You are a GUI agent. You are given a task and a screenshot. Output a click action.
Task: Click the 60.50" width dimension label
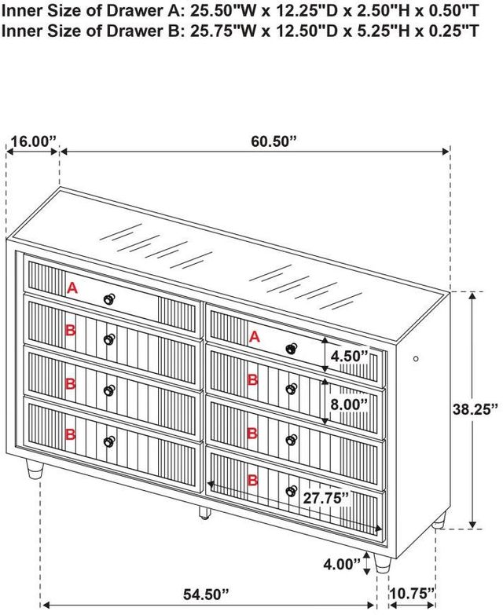click(x=273, y=141)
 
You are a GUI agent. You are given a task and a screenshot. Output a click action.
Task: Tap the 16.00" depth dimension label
click(x=33, y=141)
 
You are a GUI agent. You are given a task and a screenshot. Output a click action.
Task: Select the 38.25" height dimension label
click(x=475, y=409)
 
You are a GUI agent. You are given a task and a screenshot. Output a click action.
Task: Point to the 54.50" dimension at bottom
click(x=206, y=595)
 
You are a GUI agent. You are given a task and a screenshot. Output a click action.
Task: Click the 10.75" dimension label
click(x=412, y=594)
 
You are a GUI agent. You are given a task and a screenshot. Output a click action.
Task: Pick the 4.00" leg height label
click(x=341, y=564)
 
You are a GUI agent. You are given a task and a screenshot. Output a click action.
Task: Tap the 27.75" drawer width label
click(x=325, y=498)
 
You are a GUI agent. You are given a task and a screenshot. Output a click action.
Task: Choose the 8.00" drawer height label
click(x=349, y=405)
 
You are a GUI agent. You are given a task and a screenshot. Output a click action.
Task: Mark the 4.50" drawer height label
click(x=350, y=356)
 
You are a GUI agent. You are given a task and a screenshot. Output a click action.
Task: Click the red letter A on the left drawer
click(x=72, y=289)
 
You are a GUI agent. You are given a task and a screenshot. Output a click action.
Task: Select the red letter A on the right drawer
click(x=255, y=336)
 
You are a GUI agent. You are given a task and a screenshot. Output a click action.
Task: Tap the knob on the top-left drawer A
click(x=109, y=299)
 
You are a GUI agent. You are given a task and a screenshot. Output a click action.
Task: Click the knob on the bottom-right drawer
click(x=291, y=491)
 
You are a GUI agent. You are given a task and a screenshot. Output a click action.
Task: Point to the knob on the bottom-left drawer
click(x=109, y=441)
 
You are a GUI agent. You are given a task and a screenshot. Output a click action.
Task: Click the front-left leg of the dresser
click(x=34, y=470)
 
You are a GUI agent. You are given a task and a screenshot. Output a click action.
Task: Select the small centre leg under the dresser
click(x=204, y=512)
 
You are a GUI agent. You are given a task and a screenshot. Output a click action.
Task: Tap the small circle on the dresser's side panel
click(x=416, y=358)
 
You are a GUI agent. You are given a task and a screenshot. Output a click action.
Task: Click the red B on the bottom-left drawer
click(x=70, y=434)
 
